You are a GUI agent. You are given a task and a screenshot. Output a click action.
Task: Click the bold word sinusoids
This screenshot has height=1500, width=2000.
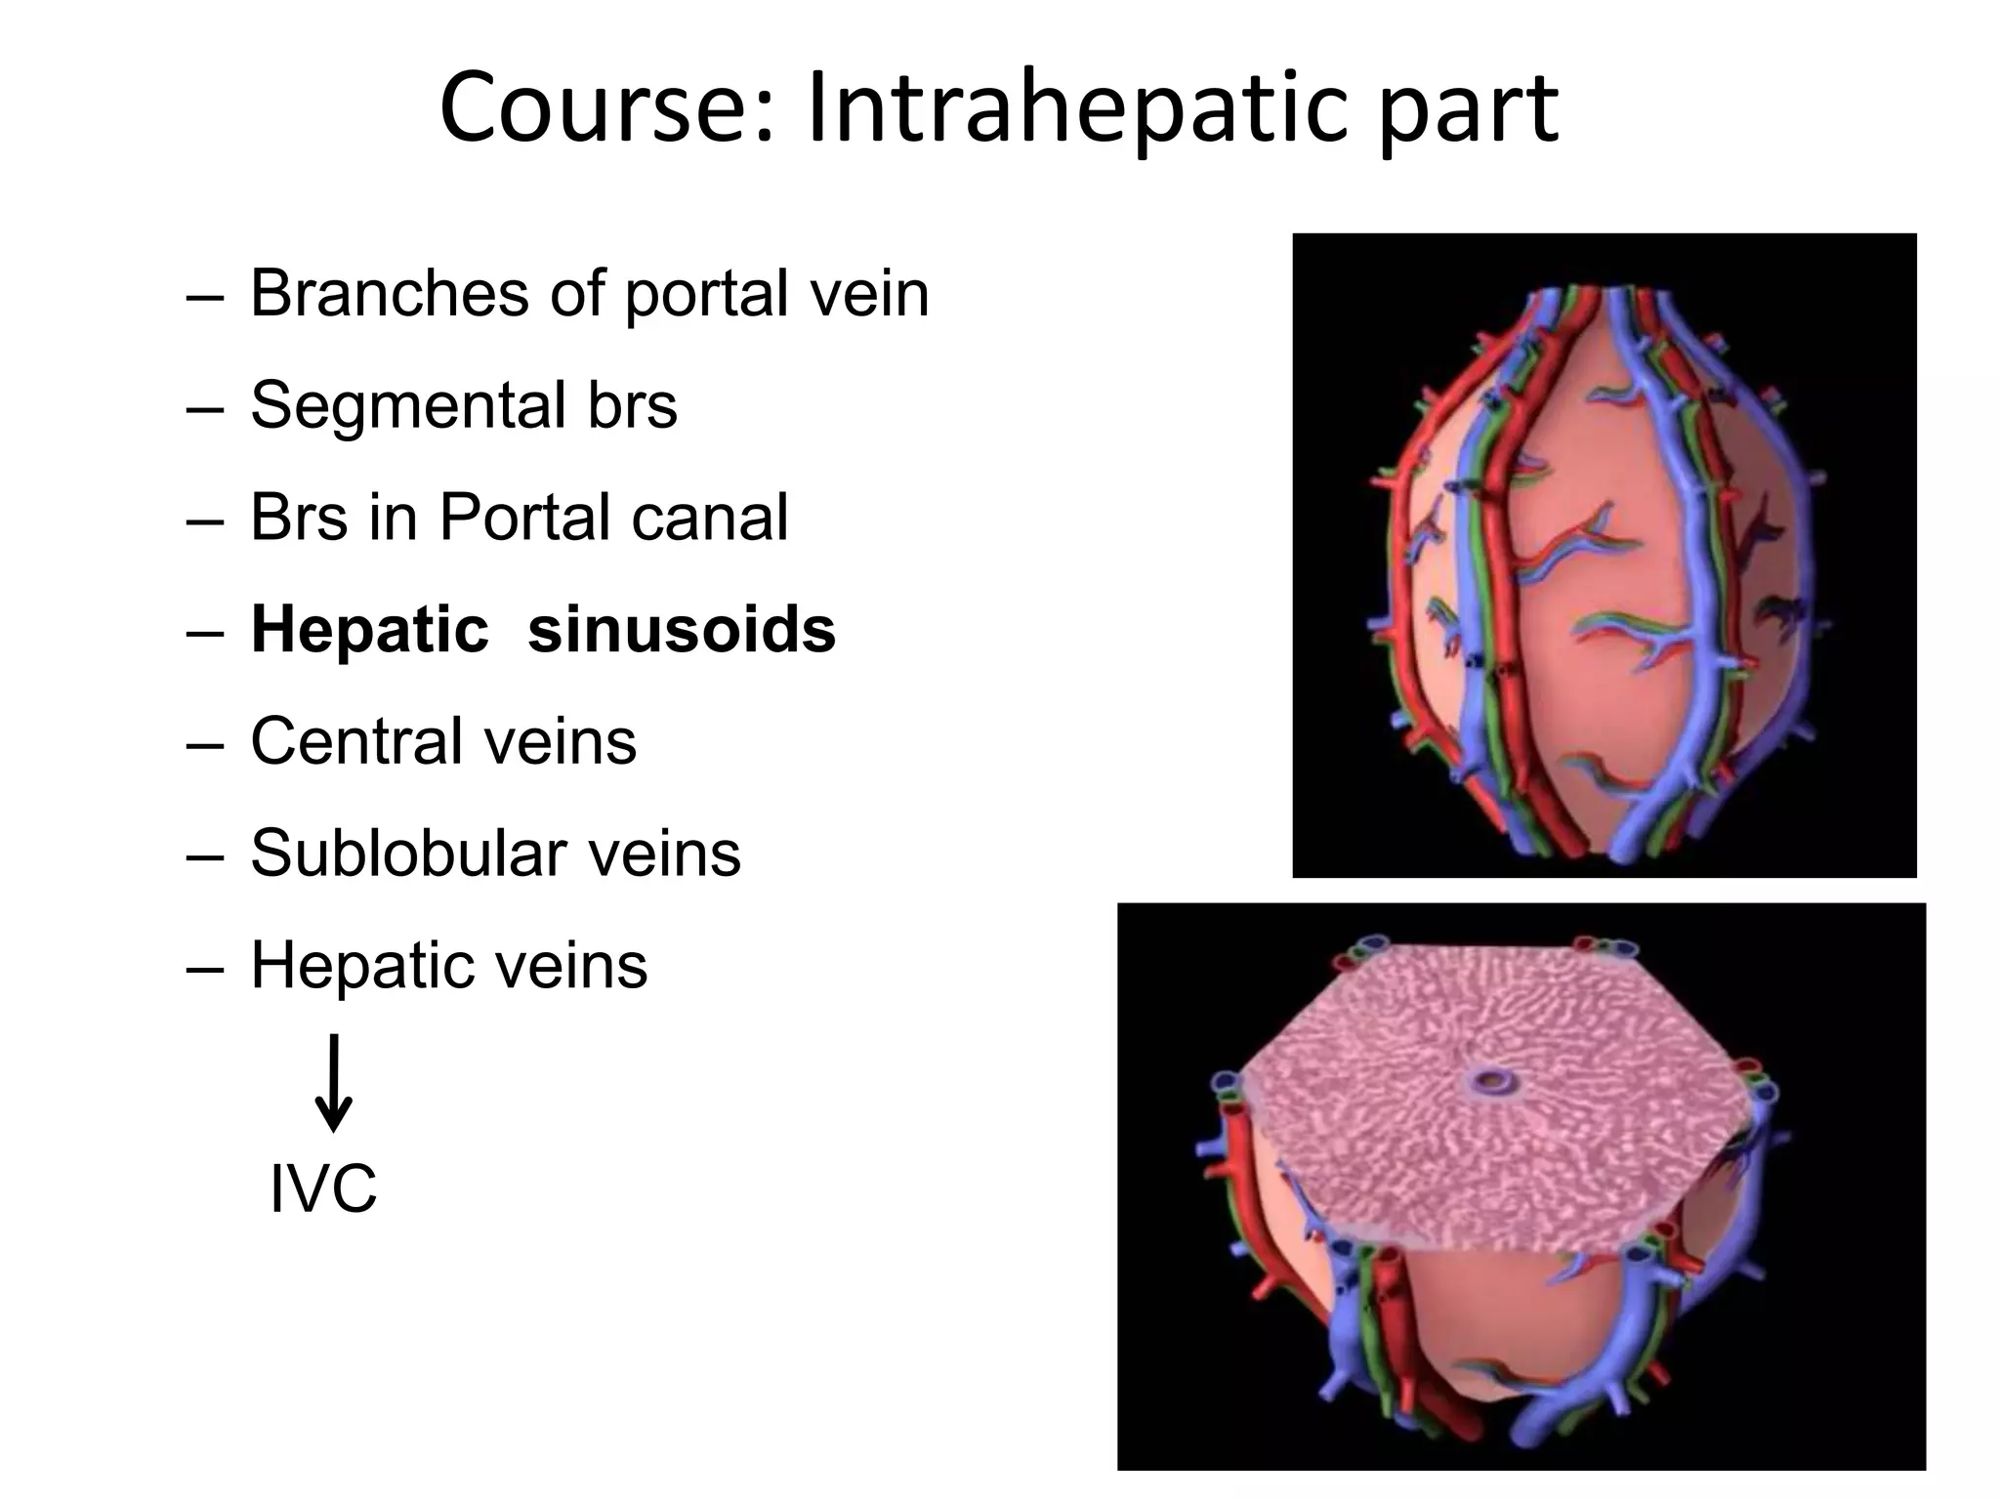[682, 630]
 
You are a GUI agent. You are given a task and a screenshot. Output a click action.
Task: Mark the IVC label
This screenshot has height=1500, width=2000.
[323, 1190]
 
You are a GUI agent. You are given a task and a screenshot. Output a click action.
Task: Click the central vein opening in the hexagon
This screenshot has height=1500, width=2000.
[1491, 1081]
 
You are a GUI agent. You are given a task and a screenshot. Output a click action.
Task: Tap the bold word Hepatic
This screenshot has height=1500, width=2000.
[370, 630]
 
